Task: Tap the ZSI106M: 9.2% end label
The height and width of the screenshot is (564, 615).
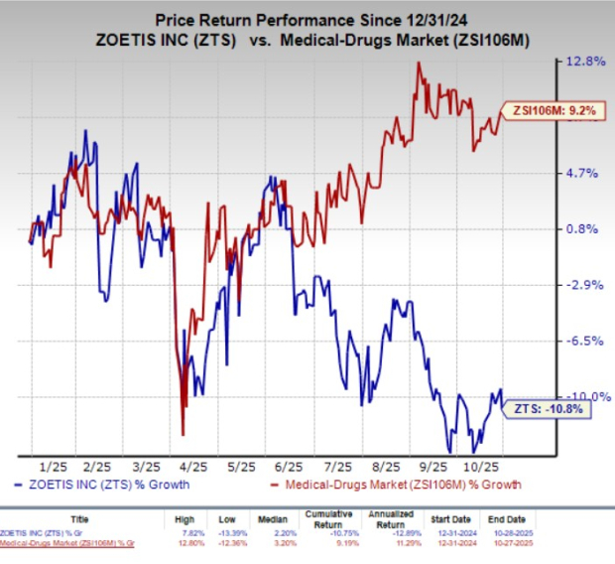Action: pos(552,111)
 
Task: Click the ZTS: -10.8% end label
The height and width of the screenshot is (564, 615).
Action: pos(549,407)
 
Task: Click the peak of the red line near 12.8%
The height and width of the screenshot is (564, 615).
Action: pos(419,63)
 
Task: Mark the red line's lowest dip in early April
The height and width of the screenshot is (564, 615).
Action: pos(183,434)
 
